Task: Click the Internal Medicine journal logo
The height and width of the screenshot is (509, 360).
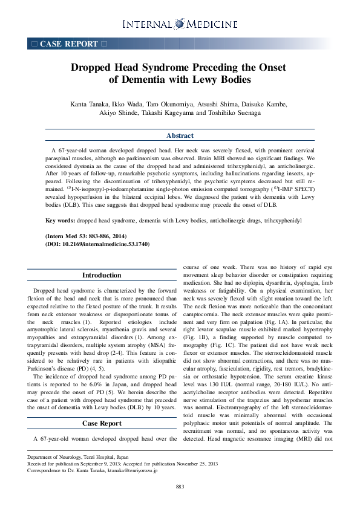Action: coord(180,24)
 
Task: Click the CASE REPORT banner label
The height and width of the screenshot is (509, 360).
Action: coord(68,44)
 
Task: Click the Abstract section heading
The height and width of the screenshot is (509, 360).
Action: coord(180,135)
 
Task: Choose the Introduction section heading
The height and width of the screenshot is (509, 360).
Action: coord(102,275)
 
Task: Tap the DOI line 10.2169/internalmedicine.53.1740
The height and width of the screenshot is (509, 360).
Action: coord(97,244)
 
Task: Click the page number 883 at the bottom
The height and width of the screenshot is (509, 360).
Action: coord(180,487)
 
